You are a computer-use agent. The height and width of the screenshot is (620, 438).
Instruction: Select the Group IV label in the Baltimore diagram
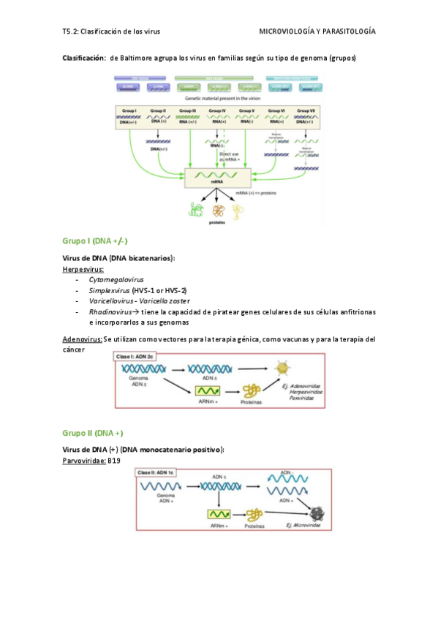(217, 110)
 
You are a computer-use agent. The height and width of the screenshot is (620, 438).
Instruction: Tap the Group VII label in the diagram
(306, 110)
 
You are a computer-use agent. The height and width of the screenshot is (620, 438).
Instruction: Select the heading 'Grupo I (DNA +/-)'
(96, 241)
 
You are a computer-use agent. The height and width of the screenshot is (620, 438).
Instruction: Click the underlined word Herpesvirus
(83, 269)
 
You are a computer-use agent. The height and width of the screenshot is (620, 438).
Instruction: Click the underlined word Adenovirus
(82, 339)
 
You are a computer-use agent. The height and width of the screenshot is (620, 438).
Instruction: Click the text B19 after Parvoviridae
(114, 461)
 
